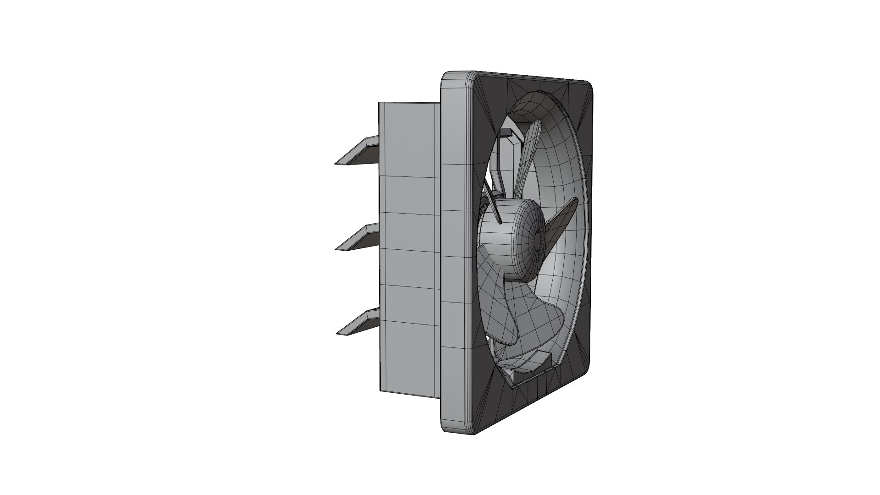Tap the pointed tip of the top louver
pyautogui.click(x=337, y=163)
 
